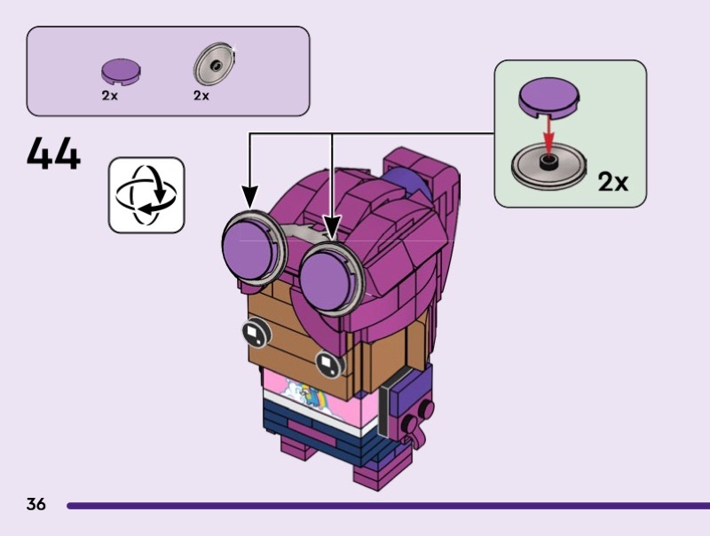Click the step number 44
tap(53, 154)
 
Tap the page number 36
tap(36, 504)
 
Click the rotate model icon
tap(146, 195)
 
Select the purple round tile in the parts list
tap(121, 72)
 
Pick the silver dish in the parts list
tap(215, 63)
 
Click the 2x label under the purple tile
tap(109, 96)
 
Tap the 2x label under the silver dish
tap(201, 96)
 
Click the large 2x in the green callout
tap(613, 182)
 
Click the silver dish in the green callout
tap(548, 166)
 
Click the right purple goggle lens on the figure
tap(327, 281)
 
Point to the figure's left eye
tap(256, 332)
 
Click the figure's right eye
tap(329, 363)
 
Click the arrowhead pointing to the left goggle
tap(249, 198)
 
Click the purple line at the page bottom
tap(388, 506)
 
